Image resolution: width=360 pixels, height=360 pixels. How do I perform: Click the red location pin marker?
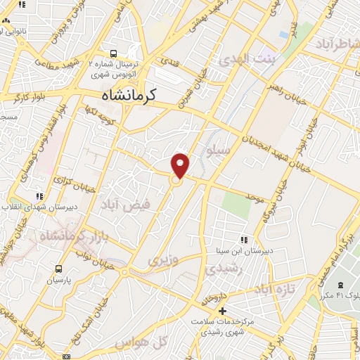click(x=181, y=165)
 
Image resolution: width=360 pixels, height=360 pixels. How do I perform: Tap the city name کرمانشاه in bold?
click(x=128, y=94)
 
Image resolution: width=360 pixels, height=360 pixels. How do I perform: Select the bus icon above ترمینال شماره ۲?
click(x=114, y=53)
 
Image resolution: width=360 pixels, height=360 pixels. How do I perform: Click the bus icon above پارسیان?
click(x=58, y=268)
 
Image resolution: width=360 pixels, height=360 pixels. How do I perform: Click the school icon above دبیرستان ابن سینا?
click(x=244, y=239)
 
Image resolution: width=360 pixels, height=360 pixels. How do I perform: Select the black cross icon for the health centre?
click(x=223, y=310)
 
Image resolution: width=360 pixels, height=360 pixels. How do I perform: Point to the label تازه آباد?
click(x=274, y=289)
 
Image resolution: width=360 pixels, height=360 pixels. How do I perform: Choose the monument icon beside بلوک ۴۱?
click(x=340, y=285)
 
